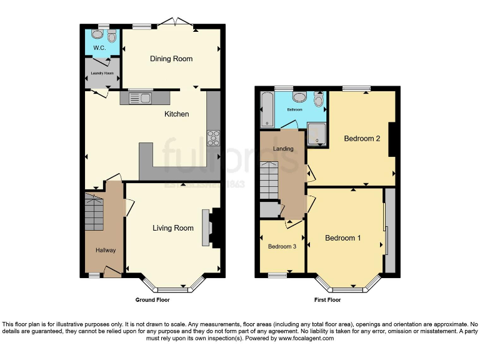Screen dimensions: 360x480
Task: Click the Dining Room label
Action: pos(171,59)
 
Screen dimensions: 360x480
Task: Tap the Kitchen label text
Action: pos(176,114)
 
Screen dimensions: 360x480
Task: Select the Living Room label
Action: pos(173,228)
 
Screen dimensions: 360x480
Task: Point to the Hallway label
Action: pos(106,251)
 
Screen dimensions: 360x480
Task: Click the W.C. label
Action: pos(99,47)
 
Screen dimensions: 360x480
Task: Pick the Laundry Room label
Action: pos(102,73)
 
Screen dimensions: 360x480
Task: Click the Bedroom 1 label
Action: pos(342,238)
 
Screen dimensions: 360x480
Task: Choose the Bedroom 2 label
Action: pos(362,139)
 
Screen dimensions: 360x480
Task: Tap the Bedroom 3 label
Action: pos(282,247)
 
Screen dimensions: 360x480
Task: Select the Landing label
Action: pos(283,149)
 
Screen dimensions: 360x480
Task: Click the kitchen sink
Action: pos(141,97)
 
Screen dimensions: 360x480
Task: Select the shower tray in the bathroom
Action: pos(317,132)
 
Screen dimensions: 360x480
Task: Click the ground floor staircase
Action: pos(94,212)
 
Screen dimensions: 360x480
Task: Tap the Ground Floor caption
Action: pos(152,300)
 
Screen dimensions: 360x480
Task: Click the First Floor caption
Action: pos(327,300)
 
